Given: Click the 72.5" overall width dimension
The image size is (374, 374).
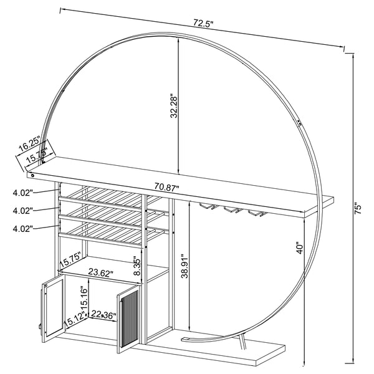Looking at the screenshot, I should pyautogui.click(x=203, y=24).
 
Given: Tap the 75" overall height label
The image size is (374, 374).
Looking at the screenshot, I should pyautogui.click(x=357, y=208).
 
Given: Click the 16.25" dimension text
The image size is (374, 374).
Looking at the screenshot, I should pyautogui.click(x=28, y=145).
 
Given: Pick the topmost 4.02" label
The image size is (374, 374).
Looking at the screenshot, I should pyautogui.click(x=22, y=194).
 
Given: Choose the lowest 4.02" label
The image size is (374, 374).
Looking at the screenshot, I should pyautogui.click(x=22, y=229).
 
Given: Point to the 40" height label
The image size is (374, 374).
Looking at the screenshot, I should pyautogui.click(x=300, y=247).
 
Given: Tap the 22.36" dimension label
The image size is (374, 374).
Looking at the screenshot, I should pyautogui.click(x=103, y=315).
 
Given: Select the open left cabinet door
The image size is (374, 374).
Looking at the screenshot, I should pyautogui.click(x=54, y=305).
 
